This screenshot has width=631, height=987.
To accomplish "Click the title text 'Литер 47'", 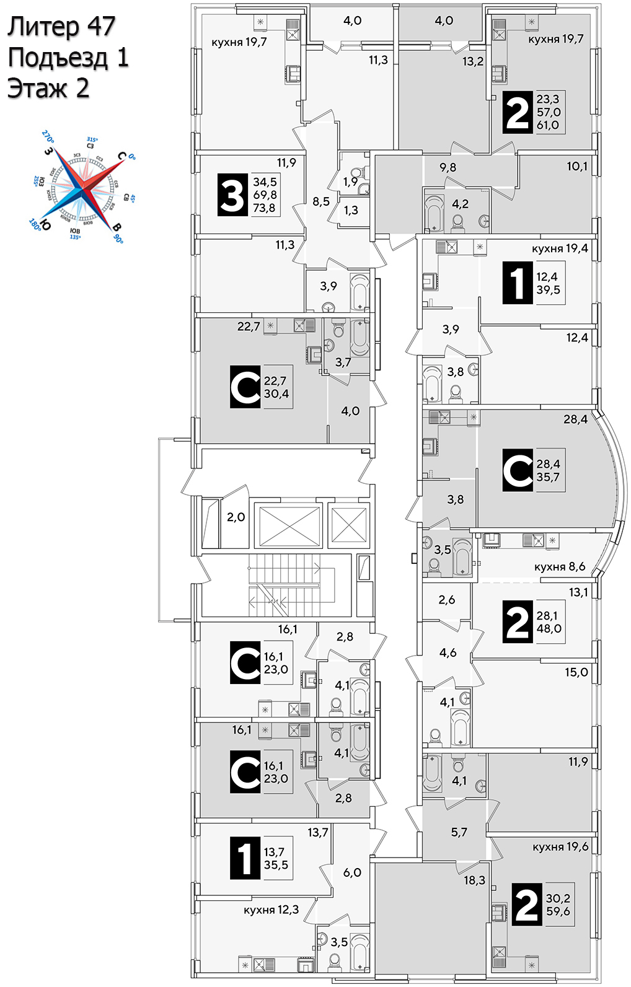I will pyautogui.click(x=61, y=27).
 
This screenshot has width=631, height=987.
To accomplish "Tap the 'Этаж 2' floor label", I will pyautogui.click(x=48, y=89).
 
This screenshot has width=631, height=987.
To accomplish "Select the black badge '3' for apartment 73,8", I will pyautogui.click(x=232, y=195).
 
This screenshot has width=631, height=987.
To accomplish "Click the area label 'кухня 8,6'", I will pyautogui.click(x=559, y=567).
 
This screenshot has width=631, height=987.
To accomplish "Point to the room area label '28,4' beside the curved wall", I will pyautogui.click(x=575, y=419).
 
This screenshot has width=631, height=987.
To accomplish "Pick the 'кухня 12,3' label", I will pyautogui.click(x=271, y=910).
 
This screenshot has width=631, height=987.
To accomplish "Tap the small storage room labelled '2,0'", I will pyautogui.click(x=236, y=517).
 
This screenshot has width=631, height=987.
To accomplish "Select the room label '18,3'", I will pyautogui.click(x=474, y=880).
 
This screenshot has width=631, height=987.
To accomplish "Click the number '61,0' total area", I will pyautogui.click(x=548, y=125).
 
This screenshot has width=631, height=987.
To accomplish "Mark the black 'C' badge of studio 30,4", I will pyautogui.click(x=245, y=387).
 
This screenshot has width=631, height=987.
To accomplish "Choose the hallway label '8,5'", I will pyautogui.click(x=321, y=201).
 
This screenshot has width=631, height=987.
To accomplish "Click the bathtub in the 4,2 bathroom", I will pyautogui.click(x=435, y=211).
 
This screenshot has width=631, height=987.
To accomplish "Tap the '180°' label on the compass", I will pyautogui.click(x=35, y=224).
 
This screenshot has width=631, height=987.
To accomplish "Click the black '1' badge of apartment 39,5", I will pyautogui.click(x=517, y=283).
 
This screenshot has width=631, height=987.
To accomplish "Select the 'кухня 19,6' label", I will pyautogui.click(x=560, y=847).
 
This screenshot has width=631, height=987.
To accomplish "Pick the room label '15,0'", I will pyautogui.click(x=576, y=672).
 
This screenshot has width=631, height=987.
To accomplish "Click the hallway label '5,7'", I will pyautogui.click(x=459, y=833).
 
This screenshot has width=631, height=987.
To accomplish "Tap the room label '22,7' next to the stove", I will pyautogui.click(x=248, y=327).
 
